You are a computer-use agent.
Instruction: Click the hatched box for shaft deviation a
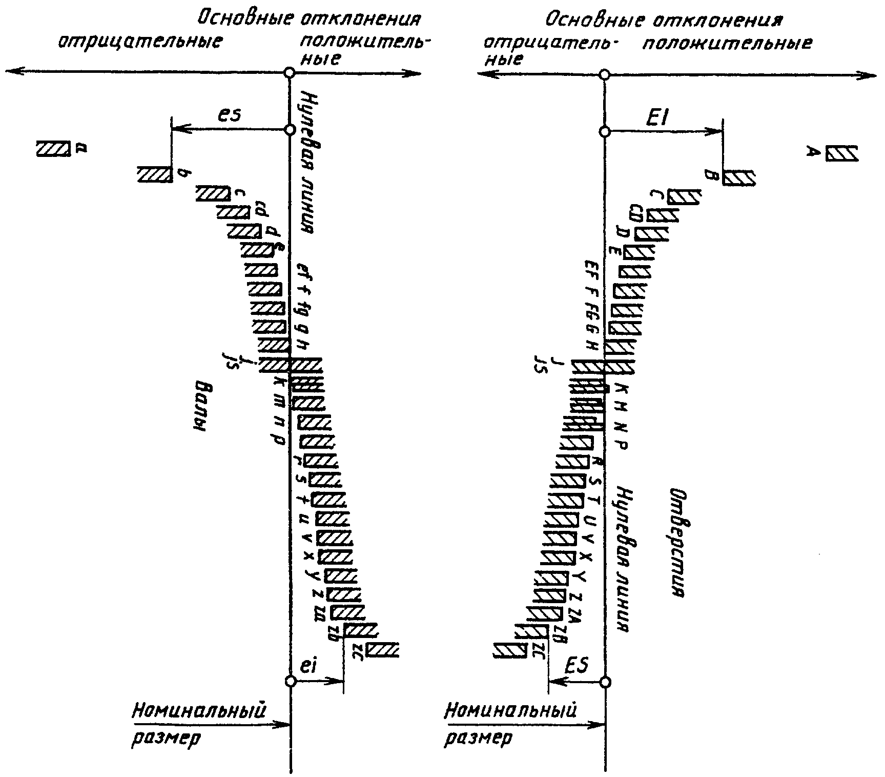point(53,149)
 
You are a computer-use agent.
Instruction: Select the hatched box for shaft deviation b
point(154,174)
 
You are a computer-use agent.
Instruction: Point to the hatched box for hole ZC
point(509,650)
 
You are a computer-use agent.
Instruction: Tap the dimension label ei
point(310,667)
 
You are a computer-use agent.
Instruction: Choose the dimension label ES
point(576,665)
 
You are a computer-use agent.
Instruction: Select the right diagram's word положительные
point(727,43)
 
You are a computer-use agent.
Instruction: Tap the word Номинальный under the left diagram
point(200,711)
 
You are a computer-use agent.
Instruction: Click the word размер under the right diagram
point(478,739)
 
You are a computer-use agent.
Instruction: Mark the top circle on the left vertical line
point(290,73)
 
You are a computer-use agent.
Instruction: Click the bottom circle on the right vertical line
point(605,682)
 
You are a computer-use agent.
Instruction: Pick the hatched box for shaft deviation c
point(213,193)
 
